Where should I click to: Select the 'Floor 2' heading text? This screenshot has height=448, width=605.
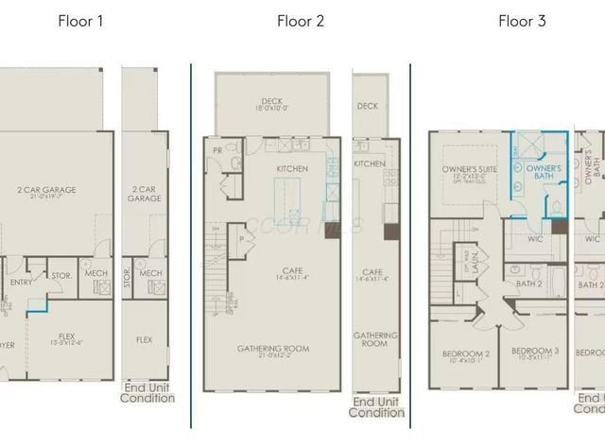point(301,21)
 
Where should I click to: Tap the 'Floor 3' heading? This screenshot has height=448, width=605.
point(522,21)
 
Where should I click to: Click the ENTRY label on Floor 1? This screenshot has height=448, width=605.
point(21,282)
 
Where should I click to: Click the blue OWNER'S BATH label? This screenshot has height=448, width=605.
point(537,172)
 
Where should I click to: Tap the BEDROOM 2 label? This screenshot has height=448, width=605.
point(465,356)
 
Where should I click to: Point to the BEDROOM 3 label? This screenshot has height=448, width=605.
point(534,354)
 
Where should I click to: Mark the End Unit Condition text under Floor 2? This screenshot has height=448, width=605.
point(376,407)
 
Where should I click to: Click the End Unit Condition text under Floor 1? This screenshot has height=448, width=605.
point(147,392)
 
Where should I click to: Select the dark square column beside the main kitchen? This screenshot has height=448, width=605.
point(331,228)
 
